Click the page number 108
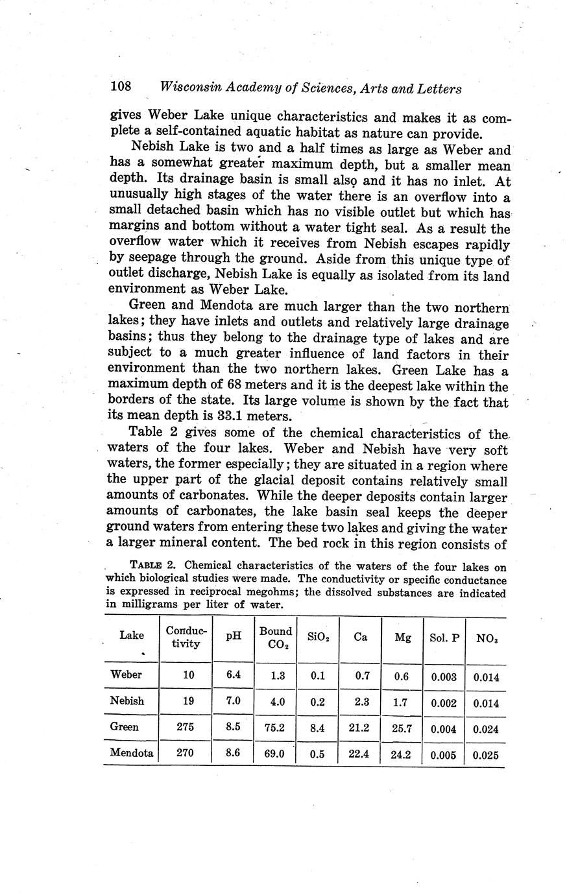[x=121, y=87]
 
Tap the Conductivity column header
[x=187, y=637]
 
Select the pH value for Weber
[x=234, y=674]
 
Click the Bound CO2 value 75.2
[x=275, y=728]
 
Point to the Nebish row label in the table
[x=127, y=701]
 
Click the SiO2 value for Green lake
[x=317, y=728]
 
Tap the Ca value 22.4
[x=359, y=754]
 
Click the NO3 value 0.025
[x=486, y=755]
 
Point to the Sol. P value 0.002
[x=444, y=703]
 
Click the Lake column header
[x=132, y=636]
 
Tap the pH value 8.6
[x=233, y=753]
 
